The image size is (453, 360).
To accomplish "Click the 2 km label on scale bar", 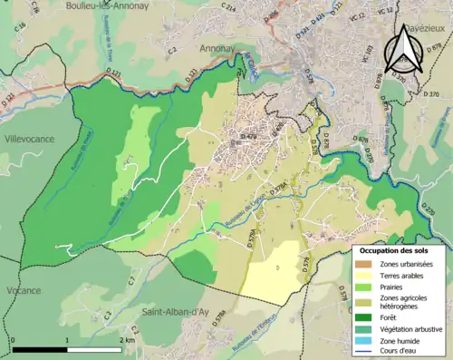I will (128, 340).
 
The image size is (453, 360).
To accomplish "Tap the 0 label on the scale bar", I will (14, 340).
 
